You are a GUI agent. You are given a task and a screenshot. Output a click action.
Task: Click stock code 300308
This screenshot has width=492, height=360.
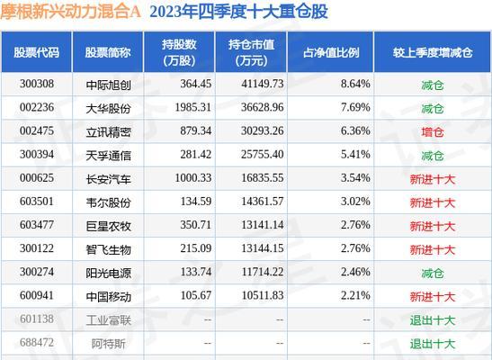(37, 83)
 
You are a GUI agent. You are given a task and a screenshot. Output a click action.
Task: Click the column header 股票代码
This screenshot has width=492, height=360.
(37, 50)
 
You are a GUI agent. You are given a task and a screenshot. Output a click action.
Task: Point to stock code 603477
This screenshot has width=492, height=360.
(37, 224)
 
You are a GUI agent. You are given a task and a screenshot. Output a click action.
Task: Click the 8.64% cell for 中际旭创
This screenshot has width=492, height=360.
(331, 83)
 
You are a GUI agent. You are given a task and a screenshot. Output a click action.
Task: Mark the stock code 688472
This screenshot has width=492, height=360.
(37, 342)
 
